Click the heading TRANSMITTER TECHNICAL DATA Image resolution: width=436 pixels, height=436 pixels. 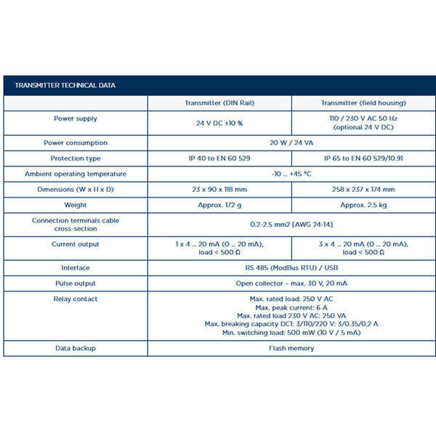pos(65,86)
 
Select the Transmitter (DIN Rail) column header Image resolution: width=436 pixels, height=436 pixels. pos(219,103)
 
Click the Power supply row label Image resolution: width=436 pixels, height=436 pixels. pos(76,118)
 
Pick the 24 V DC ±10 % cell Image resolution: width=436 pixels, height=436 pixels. pos(219,123)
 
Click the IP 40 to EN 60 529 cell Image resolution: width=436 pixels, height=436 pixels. pos(219,158)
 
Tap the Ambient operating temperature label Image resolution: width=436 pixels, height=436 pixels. pos(76,174)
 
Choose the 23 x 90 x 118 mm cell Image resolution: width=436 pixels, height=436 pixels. pos(219,190)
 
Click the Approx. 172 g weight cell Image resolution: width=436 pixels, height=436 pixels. pos(219,205)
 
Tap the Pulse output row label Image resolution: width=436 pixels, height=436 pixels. pos(76,283)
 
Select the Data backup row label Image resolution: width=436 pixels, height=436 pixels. pos(76,348)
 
